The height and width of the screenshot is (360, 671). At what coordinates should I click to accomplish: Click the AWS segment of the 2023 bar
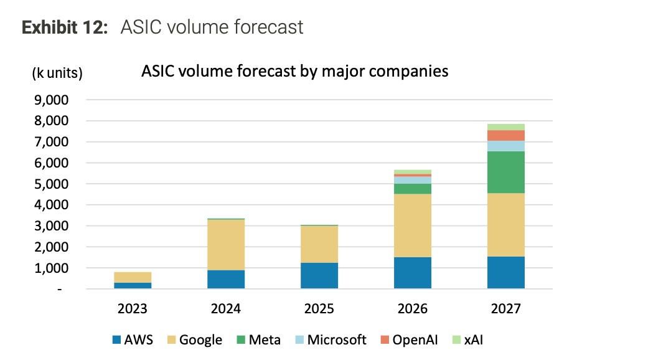coord(133,286)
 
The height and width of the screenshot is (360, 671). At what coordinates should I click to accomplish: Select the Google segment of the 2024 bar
coord(226,245)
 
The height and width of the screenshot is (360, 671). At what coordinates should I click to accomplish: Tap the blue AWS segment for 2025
coord(319,276)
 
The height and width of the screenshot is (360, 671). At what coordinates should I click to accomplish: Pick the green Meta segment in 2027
coord(506,173)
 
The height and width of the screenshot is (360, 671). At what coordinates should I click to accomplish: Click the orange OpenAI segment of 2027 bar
coord(506,135)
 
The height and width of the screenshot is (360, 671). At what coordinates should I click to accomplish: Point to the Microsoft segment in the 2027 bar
coord(506,146)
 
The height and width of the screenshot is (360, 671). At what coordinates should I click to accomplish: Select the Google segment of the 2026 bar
coord(413,225)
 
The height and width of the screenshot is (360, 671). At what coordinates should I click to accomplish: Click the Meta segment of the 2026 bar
coord(413,189)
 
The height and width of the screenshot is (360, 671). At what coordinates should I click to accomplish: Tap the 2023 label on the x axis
coord(133,308)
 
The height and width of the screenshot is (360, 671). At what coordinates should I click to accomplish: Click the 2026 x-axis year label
coord(413,308)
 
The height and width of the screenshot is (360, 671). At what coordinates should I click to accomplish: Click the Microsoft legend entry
coord(330,339)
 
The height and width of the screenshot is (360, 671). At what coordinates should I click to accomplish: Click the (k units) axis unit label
coord(57,73)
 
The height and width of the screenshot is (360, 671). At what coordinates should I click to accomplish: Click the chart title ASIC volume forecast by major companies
coord(294,71)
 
